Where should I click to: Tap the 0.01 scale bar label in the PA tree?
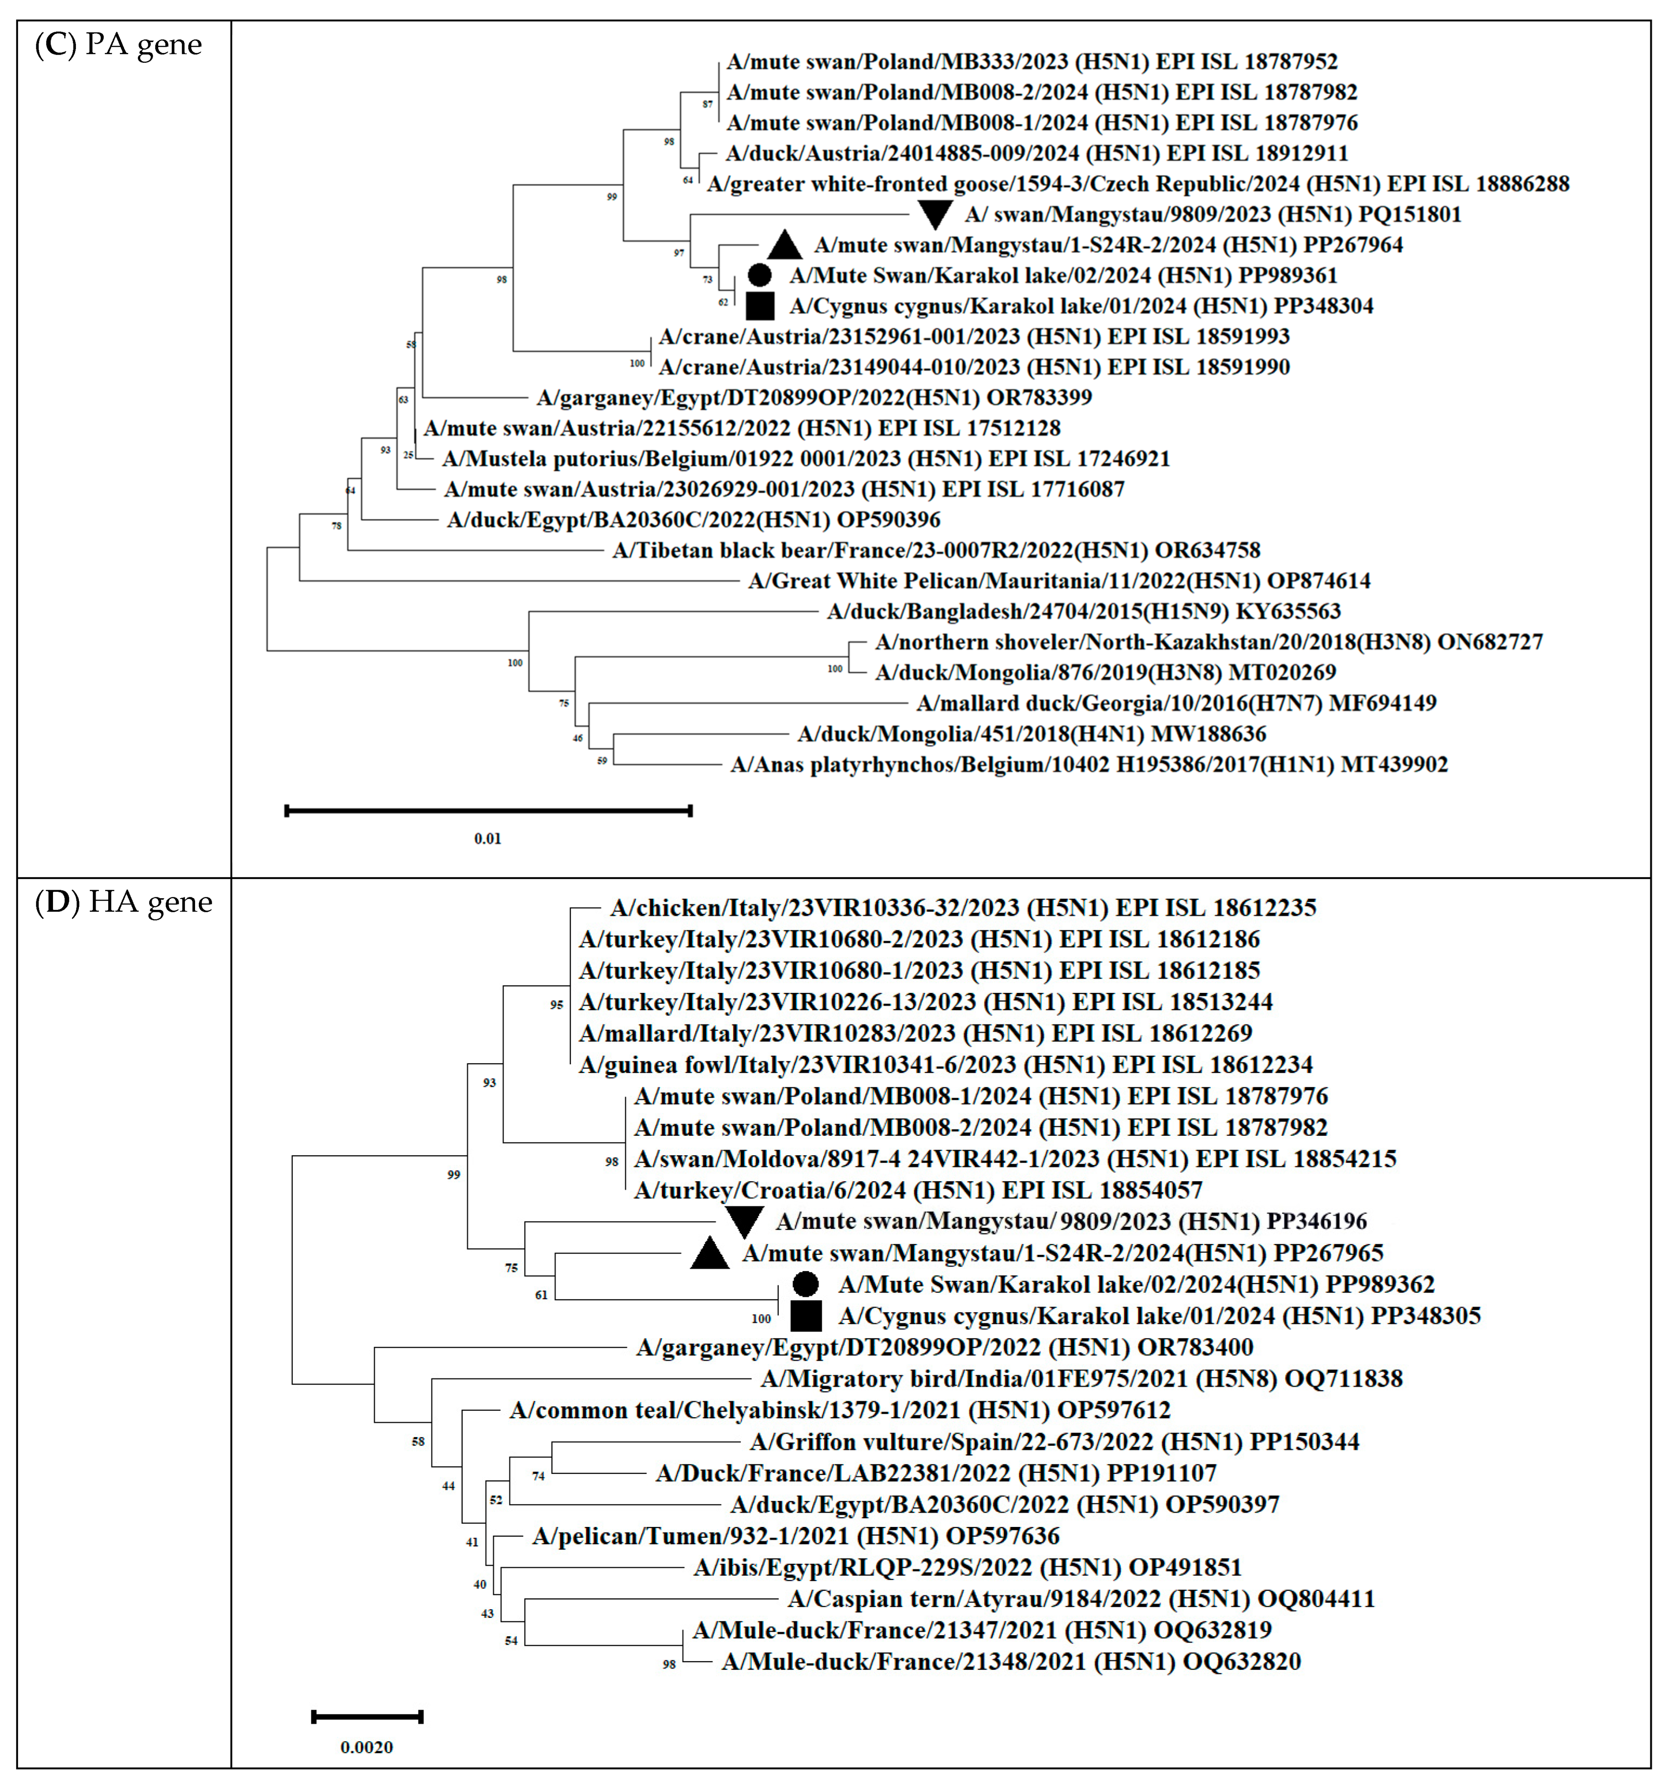(487, 838)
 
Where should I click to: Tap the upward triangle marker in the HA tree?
(709, 1253)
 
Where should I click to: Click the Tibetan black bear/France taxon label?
(936, 550)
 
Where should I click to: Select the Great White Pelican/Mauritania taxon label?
(1059, 581)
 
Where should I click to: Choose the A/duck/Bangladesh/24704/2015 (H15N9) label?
(1083, 611)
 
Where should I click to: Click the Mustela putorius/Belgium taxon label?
(806, 458)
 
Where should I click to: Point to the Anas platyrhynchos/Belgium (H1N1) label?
(1088, 765)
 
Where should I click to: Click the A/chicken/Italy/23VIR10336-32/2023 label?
(962, 908)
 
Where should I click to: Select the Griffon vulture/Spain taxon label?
(1054, 1441)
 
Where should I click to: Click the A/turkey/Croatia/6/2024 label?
(917, 1190)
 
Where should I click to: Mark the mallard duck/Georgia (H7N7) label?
(1176, 703)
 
